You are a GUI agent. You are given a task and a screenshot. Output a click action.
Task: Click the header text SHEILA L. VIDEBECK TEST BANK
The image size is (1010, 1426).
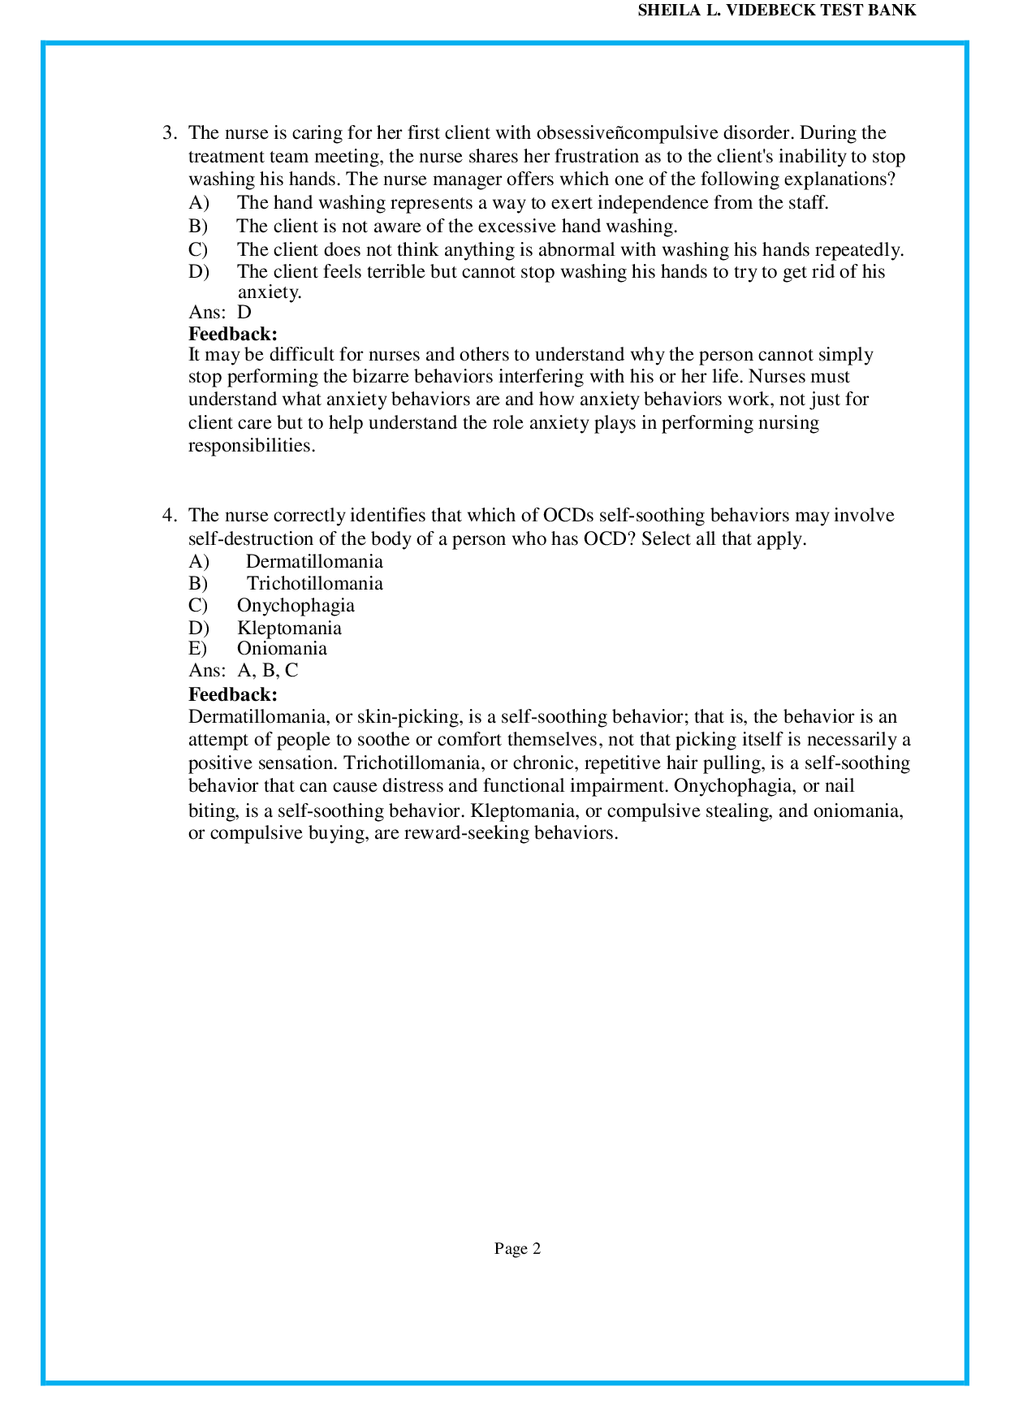tap(776, 11)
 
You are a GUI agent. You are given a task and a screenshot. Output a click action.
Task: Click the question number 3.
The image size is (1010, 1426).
tap(169, 133)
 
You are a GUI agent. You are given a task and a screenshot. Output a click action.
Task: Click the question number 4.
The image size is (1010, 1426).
tap(169, 516)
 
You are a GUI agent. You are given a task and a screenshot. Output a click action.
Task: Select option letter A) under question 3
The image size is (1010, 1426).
tap(199, 203)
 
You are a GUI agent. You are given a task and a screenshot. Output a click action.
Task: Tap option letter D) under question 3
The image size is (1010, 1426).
tap(199, 272)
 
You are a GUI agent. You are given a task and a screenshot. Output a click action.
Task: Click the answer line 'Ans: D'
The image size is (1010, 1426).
tap(220, 313)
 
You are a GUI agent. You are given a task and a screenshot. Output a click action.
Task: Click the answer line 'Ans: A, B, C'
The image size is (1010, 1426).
tap(244, 671)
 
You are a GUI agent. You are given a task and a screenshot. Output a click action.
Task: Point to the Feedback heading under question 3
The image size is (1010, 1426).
tap(233, 334)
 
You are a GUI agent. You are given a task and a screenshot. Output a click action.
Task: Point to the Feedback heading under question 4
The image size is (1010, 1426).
tap(233, 694)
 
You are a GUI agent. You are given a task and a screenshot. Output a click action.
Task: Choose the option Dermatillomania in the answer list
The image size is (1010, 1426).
tap(314, 562)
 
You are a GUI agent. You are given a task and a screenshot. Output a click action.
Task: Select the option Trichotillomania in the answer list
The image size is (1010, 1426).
tap(315, 584)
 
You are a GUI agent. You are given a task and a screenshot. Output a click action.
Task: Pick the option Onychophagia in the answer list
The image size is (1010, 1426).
tap(296, 606)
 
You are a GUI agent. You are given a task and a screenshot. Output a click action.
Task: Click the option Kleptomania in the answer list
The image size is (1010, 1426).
tap(289, 629)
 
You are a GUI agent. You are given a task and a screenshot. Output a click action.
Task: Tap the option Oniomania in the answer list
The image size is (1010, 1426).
tap(282, 649)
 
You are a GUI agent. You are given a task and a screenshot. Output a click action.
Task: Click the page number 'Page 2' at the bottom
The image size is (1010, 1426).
tap(517, 1249)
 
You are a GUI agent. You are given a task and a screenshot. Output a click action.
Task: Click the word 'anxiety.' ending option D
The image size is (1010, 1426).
tap(269, 292)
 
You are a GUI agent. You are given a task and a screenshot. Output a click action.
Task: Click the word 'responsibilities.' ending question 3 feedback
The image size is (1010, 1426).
tap(252, 446)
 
